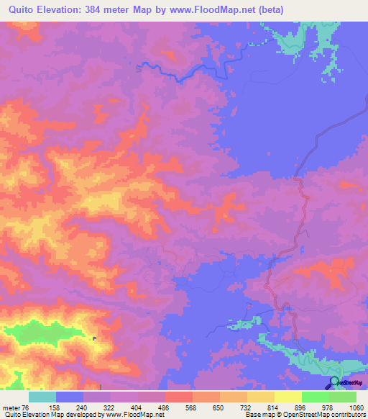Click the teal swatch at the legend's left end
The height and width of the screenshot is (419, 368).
tap(42, 397)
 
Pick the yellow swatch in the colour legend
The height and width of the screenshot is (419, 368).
tap(288, 397)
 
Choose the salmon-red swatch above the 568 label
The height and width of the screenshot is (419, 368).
tap(179, 397)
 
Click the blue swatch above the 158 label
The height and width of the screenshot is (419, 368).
tap(70, 397)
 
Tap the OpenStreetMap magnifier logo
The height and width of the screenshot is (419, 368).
tap(335, 382)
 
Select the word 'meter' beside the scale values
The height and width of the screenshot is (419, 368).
tap(12, 406)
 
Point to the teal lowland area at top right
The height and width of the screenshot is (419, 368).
tap(302, 36)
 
